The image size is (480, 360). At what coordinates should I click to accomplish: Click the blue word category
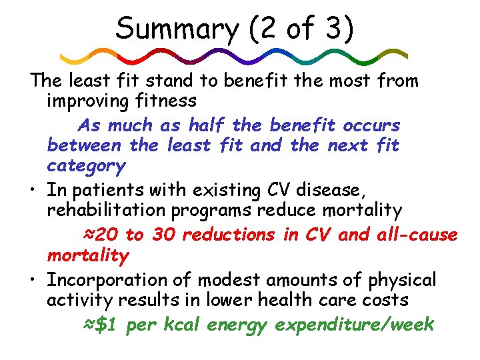point(86,165)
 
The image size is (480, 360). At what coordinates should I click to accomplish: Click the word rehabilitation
point(121,211)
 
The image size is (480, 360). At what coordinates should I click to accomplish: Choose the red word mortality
point(87,255)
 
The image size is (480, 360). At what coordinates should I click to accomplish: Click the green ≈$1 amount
point(101,325)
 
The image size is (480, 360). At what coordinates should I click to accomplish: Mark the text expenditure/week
point(354,325)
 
